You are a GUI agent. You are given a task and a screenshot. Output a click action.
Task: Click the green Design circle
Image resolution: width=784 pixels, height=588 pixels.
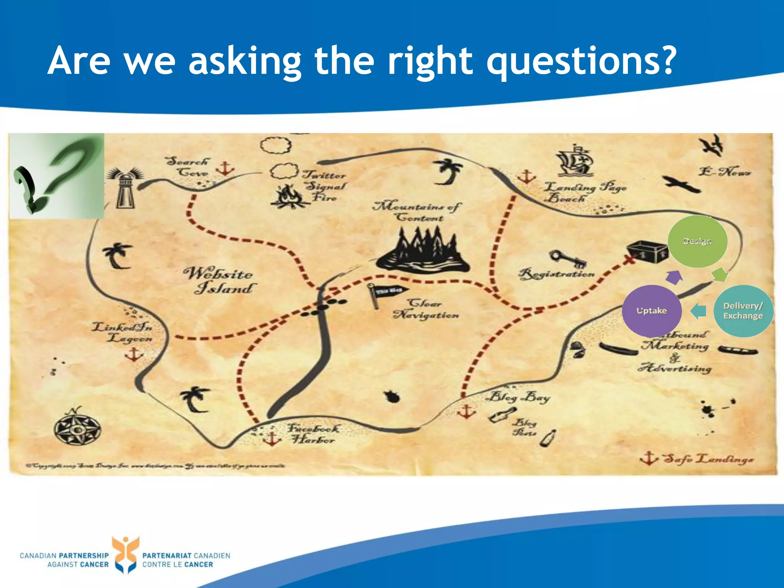pyautogui.click(x=697, y=241)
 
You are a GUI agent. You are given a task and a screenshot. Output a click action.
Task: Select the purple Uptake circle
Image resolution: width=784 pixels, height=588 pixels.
pyautogui.click(x=652, y=311)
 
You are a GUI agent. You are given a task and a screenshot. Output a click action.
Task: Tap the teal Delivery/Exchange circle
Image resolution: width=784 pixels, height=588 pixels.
pyautogui.click(x=743, y=311)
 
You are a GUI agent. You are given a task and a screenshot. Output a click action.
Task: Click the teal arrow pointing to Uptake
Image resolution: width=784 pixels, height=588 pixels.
pyautogui.click(x=699, y=310)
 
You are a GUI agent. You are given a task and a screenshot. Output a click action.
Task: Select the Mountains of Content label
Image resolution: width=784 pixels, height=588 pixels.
pyautogui.click(x=417, y=211)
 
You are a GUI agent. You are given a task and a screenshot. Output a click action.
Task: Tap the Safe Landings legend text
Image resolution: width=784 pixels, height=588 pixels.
pyautogui.click(x=708, y=459)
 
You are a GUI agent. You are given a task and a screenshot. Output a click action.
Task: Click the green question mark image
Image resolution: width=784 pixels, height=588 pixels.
pyautogui.click(x=57, y=176)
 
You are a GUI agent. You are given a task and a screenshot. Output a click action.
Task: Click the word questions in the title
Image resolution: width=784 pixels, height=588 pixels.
pyautogui.click(x=580, y=61)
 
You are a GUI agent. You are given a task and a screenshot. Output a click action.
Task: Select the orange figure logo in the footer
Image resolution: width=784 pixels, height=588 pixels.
pyautogui.click(x=125, y=554)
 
